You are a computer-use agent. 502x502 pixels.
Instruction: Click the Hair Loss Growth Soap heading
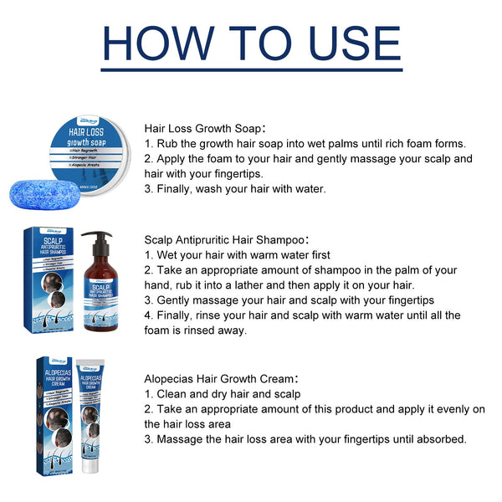pyautogui.click(x=205, y=128)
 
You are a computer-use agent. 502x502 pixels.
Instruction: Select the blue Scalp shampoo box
pyautogui.click(x=56, y=280)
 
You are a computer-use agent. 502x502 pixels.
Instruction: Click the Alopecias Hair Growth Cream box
pyautogui.click(x=55, y=414)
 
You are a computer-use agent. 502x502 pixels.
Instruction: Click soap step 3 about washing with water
pyautogui.click(x=235, y=188)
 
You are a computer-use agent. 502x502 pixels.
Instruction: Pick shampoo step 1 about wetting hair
pyautogui.click(x=238, y=255)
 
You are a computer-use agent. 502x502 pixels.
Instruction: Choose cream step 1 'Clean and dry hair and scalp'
pyautogui.click(x=223, y=393)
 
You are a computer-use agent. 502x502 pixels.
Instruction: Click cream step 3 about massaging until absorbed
pyautogui.click(x=305, y=438)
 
